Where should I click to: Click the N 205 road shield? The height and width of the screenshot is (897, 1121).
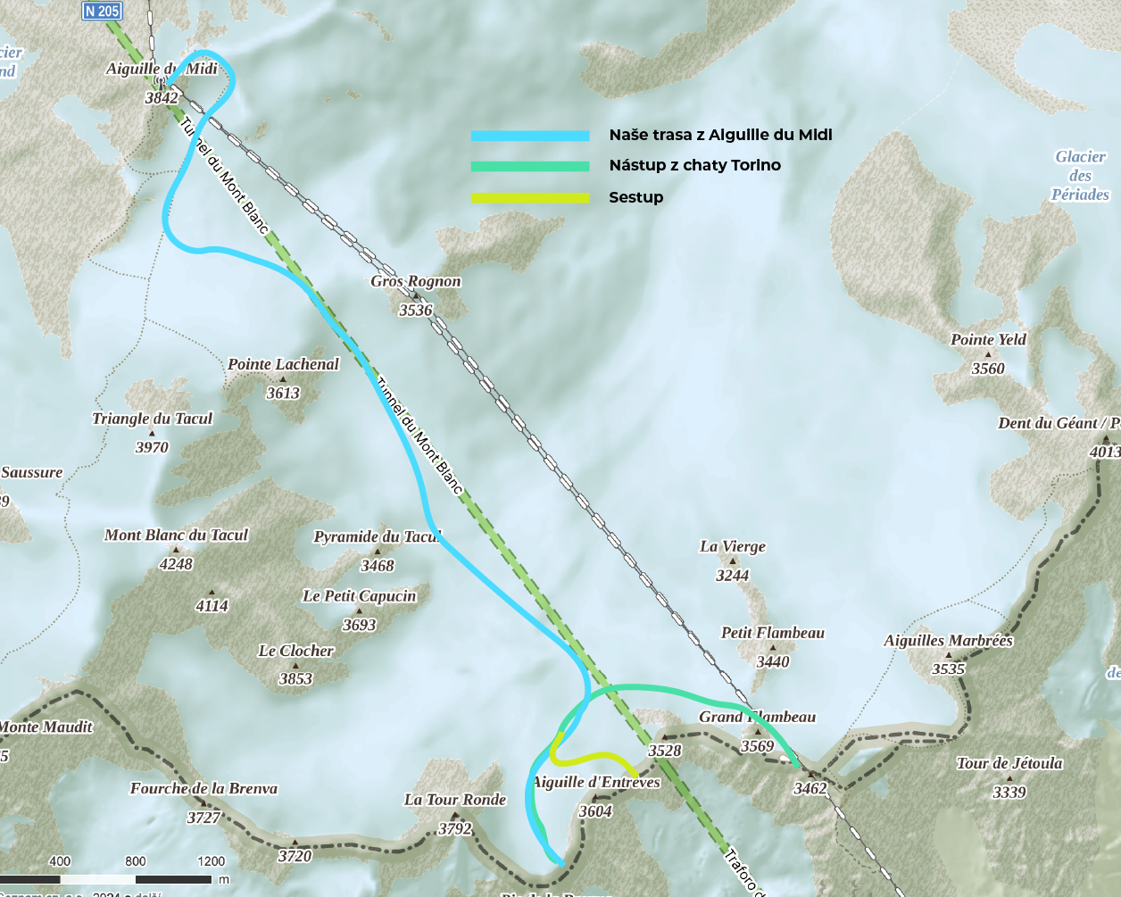coord(102,11)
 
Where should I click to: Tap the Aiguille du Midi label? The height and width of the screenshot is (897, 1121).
coord(162,69)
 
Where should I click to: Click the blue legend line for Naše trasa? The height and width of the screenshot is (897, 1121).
coord(530,136)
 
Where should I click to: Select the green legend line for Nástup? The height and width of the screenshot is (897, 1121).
coord(530,166)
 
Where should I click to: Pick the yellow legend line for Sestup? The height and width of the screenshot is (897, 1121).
coord(530,197)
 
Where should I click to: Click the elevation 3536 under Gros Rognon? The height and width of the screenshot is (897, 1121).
coord(415,311)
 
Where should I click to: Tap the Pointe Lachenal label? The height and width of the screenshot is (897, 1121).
coord(283,364)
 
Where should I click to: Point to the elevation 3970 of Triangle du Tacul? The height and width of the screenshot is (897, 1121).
coord(152,447)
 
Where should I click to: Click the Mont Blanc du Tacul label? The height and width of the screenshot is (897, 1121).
coord(176,536)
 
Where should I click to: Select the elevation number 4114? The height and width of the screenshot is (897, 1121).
coord(212,606)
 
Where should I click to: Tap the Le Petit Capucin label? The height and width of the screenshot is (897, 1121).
coord(359,596)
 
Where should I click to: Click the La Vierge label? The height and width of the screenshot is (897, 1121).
coord(733,547)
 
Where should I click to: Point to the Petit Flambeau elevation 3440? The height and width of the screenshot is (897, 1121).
coord(773,661)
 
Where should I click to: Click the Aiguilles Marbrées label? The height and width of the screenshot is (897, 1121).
coord(948,641)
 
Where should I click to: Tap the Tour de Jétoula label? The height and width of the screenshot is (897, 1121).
coord(1009,763)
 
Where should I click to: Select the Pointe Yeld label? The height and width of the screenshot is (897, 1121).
coord(988,340)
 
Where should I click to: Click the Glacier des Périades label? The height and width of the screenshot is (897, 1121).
coord(1080,176)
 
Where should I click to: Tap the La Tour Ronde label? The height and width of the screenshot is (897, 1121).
coord(455,800)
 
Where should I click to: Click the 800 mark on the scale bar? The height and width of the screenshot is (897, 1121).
coord(136,861)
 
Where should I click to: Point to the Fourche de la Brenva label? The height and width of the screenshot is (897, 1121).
coord(203,789)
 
